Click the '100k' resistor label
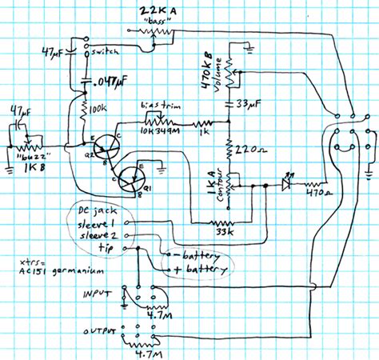pos(100,106)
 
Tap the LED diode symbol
pos(285,182)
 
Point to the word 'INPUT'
pos(97,294)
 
